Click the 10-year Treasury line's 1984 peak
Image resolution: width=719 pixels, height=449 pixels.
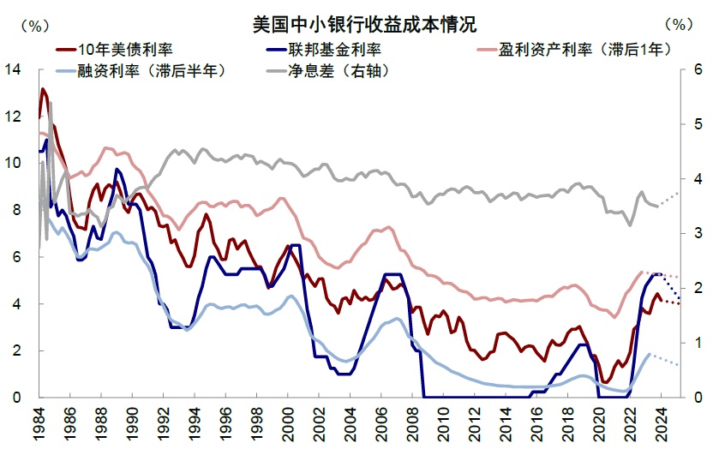(43, 88)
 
